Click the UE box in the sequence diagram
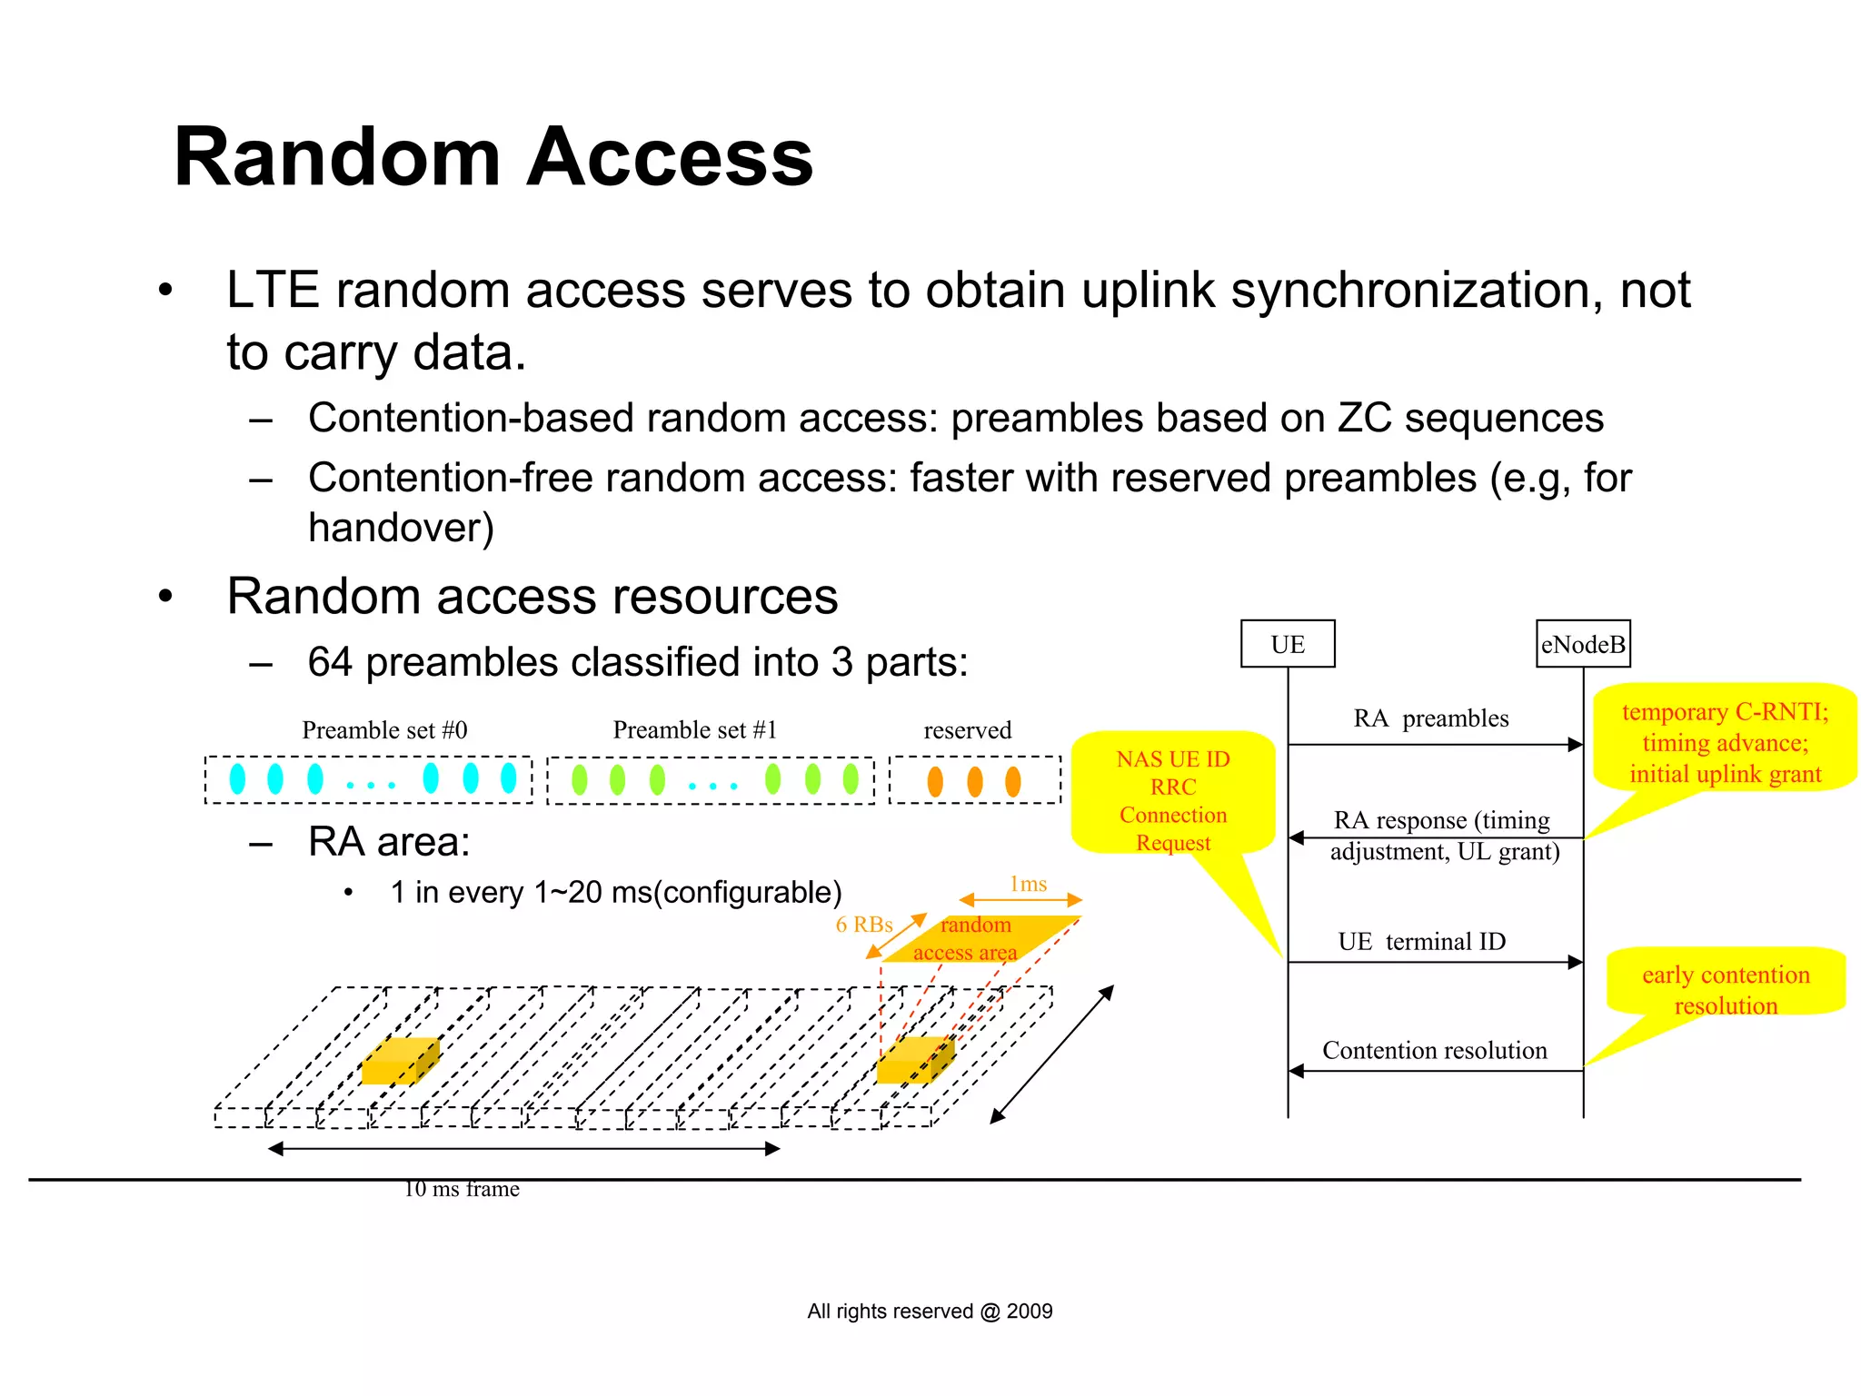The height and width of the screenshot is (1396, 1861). pyautogui.click(x=1287, y=644)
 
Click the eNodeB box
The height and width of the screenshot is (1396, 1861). pyautogui.click(x=1582, y=644)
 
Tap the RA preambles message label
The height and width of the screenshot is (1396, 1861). pyautogui.click(x=1430, y=718)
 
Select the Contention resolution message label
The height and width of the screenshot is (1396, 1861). pyautogui.click(x=1434, y=1050)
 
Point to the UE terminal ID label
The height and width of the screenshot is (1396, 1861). pyautogui.click(x=1421, y=941)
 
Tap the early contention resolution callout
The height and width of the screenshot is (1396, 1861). pyautogui.click(x=1725, y=989)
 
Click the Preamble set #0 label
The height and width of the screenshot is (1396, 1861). pyautogui.click(x=384, y=730)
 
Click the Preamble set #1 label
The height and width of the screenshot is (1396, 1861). pyautogui.click(x=695, y=730)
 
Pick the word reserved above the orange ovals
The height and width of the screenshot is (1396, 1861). pyautogui.click(x=967, y=730)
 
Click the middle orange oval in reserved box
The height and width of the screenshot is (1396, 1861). pyautogui.click(x=974, y=781)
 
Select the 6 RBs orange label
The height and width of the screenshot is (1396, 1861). pyautogui.click(x=863, y=925)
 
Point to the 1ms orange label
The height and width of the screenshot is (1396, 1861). pyautogui.click(x=1028, y=884)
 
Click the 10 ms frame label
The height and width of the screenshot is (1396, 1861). pyautogui.click(x=462, y=1189)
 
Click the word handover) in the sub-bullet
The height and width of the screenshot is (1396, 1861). pyautogui.click(x=401, y=528)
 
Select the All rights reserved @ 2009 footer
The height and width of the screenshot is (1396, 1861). pyautogui.click(x=930, y=1311)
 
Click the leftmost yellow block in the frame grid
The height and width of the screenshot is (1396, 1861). pyautogui.click(x=398, y=1062)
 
